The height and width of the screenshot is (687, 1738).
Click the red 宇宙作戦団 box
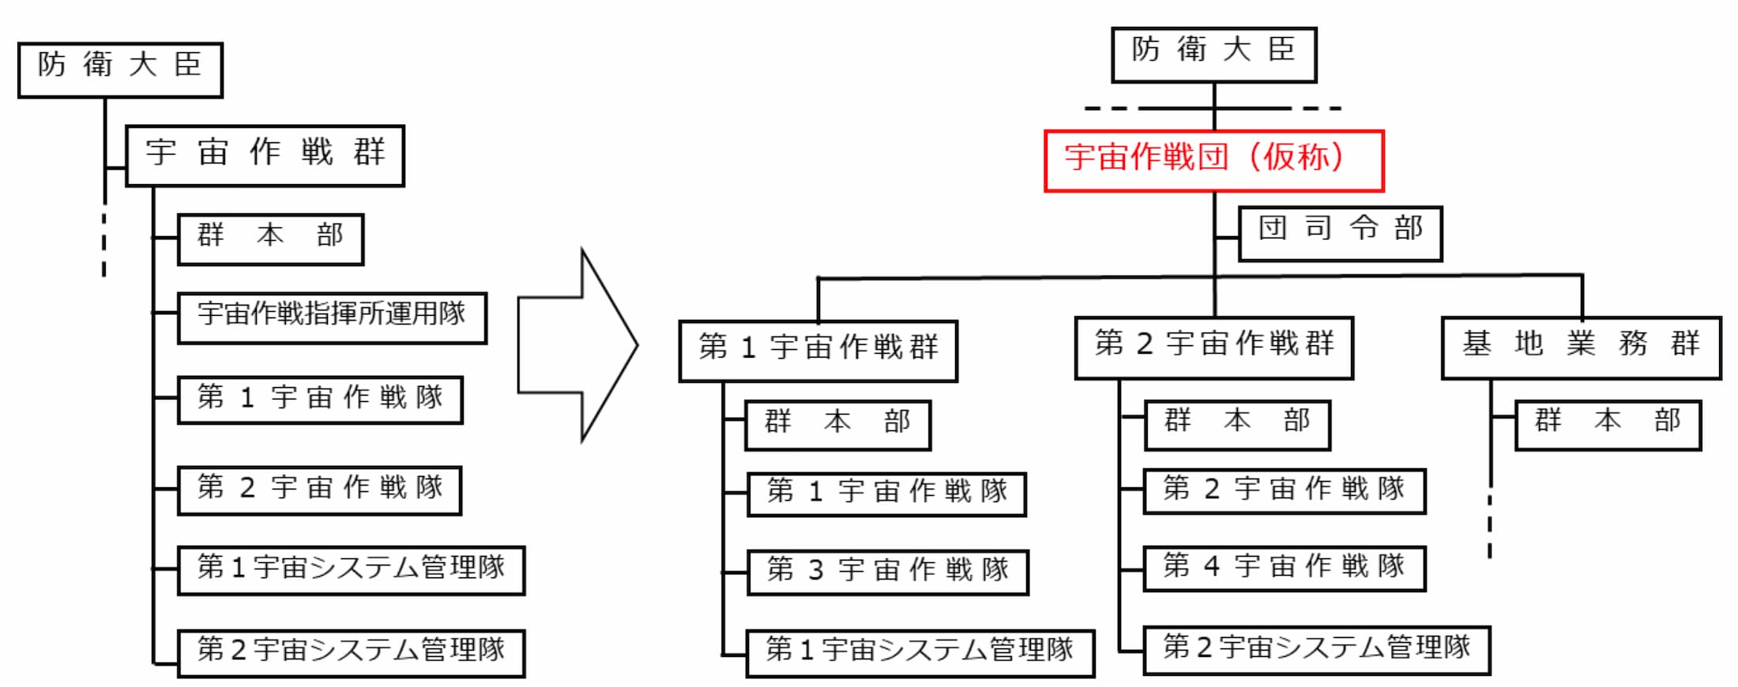pyautogui.click(x=1213, y=161)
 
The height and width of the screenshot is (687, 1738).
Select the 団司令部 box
pyautogui.click(x=1340, y=234)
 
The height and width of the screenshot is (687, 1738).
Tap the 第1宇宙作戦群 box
pyautogui.click(x=818, y=351)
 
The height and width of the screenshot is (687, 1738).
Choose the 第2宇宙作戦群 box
pyautogui.click(x=1213, y=347)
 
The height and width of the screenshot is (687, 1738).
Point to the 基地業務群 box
pyautogui.click(x=1581, y=347)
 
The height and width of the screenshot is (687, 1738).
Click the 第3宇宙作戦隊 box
pyautogui.click(x=887, y=572)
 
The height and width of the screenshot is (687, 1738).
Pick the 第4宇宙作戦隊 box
pyautogui.click(x=1284, y=569)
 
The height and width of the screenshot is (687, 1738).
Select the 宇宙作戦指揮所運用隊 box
pyautogui.click(x=332, y=317)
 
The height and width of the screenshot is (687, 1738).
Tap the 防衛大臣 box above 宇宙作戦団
pyautogui.click(x=1213, y=54)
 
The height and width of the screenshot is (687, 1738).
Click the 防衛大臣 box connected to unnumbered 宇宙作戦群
pyautogui.click(x=120, y=69)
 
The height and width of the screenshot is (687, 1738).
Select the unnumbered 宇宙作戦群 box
pyautogui.click(x=265, y=156)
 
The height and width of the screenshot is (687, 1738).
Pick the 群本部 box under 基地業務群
pyautogui.click(x=1608, y=425)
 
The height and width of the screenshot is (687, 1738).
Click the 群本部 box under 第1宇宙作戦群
pyautogui.click(x=837, y=425)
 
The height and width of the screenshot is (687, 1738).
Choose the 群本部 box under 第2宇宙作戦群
pyautogui.click(x=1237, y=425)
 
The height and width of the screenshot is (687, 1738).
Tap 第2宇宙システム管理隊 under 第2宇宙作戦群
pyautogui.click(x=1316, y=650)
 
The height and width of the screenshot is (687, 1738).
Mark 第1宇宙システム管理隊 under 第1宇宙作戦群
pyautogui.click(x=920, y=653)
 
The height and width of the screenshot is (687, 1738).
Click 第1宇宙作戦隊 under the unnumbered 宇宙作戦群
pyautogui.click(x=320, y=400)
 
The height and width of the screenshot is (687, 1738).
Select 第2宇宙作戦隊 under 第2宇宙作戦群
pyautogui.click(x=1284, y=491)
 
